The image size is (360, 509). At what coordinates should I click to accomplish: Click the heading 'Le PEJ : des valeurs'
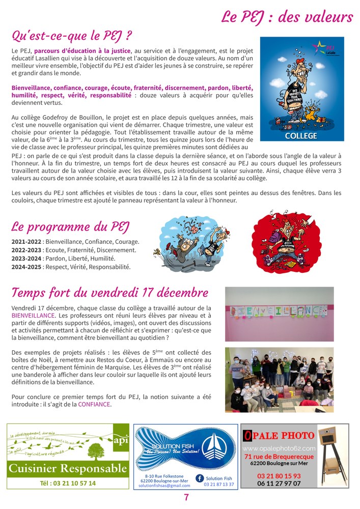(287, 17)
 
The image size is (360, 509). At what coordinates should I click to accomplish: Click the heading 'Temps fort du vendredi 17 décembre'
(109, 293)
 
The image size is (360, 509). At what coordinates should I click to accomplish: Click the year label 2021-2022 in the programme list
(26, 242)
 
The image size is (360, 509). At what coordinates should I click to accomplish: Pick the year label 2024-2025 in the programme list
(26, 266)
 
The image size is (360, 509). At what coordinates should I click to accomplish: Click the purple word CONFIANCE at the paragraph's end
(94, 405)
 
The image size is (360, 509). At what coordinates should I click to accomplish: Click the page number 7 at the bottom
(186, 498)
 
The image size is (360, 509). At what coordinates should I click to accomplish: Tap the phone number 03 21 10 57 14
(67, 483)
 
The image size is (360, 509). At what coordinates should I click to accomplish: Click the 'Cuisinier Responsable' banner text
(67, 468)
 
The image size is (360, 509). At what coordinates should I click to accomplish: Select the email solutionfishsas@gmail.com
(164, 486)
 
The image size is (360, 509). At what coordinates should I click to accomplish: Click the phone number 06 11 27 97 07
(279, 484)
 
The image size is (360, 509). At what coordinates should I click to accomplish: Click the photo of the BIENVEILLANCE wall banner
(279, 314)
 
